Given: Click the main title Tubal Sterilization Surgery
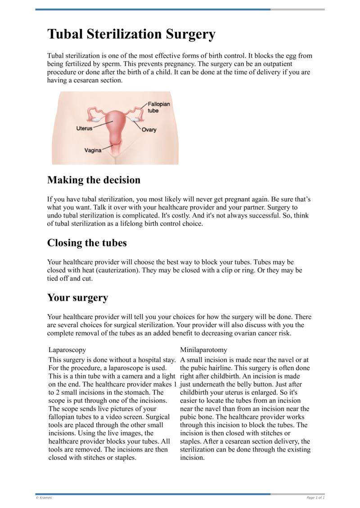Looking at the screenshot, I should coord(131,35).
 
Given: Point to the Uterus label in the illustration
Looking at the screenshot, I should coord(84,128).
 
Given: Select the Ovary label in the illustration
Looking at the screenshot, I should coord(149,129).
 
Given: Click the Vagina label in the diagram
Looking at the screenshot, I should coord(93,150).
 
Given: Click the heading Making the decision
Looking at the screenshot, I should coord(94,180).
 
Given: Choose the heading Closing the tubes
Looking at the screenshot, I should coord(87,243).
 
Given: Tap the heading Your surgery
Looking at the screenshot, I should coord(77,298).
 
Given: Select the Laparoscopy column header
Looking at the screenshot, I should coord(67,349).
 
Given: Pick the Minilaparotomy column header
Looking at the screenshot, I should coord(203,349).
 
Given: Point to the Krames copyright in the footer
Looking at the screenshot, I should coord(43,498).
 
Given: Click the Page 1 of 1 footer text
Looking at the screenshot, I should coord(315,498).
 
